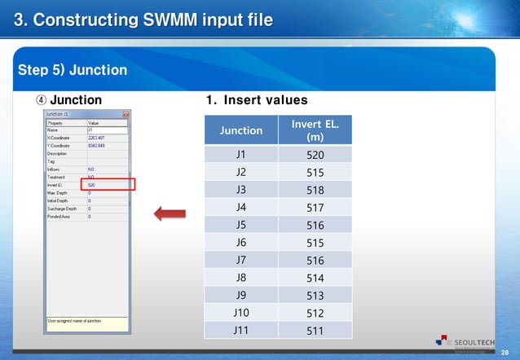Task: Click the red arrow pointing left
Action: [x=170, y=214]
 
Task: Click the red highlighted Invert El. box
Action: [x=110, y=185]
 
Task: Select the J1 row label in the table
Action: [x=241, y=154]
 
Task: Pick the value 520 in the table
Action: [x=315, y=155]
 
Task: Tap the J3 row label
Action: [x=241, y=190]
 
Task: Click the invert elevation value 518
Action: [x=315, y=191]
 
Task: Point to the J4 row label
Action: [x=241, y=207]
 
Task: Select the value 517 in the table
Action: [x=315, y=208]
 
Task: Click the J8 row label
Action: [x=241, y=278]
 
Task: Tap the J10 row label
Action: [x=241, y=313]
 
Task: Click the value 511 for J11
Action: [x=315, y=331]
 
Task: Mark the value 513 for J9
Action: [x=315, y=296]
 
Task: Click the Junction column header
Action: [x=241, y=130]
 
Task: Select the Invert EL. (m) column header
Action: [x=315, y=130]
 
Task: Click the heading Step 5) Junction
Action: [x=73, y=70]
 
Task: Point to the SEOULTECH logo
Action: [x=464, y=341]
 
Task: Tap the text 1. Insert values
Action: [x=256, y=100]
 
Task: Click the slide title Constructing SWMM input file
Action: [x=143, y=19]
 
